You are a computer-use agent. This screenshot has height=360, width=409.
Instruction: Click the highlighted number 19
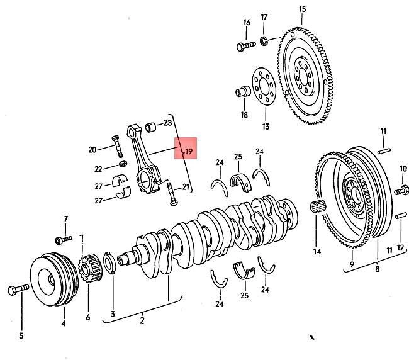[x=187, y=152]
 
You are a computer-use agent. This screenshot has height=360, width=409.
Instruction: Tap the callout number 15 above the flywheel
[x=301, y=9]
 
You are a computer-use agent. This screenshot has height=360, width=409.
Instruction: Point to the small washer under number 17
[x=265, y=42]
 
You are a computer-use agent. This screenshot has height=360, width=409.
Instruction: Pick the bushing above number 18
[x=242, y=92]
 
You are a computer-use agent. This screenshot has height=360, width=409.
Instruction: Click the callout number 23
[x=167, y=123]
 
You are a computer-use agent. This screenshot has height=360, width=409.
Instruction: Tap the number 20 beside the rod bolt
[x=92, y=150]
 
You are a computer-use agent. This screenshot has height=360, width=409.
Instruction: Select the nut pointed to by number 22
[x=124, y=166]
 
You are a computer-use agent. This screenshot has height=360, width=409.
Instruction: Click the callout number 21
[x=186, y=187]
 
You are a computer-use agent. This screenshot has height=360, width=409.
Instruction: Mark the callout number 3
[x=112, y=314]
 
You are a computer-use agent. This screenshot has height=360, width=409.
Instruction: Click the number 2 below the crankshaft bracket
[x=142, y=321]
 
